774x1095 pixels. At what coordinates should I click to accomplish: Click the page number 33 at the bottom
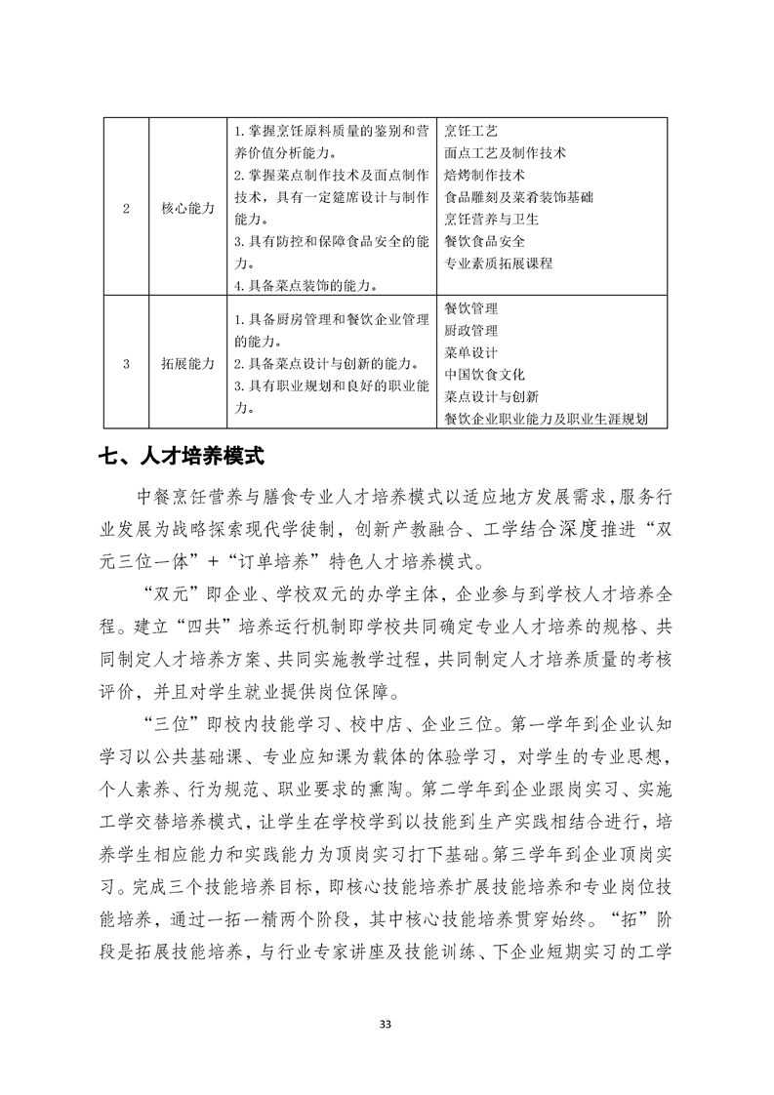coord(386,1024)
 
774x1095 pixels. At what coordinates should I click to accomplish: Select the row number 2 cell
coord(126,208)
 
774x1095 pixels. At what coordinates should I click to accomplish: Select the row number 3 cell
coord(126,363)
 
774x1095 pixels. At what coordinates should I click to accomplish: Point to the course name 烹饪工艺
coord(470,131)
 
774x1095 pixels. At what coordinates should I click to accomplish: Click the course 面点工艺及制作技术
coord(505,153)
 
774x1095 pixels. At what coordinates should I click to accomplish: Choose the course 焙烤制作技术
coord(484,176)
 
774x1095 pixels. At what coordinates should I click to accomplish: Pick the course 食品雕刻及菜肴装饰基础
coord(518,197)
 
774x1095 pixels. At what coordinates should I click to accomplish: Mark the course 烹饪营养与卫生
coord(491,220)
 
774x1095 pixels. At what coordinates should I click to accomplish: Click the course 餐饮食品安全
coord(484,242)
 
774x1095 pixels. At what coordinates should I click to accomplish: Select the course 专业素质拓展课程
coord(498,264)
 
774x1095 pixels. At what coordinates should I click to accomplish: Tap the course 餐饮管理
coord(470,308)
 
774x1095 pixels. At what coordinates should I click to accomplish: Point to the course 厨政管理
coord(470,331)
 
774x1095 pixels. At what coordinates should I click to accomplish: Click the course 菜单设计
coord(470,352)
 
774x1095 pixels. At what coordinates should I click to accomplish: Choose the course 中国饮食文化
coord(484,375)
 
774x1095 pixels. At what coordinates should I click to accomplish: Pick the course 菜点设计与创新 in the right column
coord(491,397)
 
